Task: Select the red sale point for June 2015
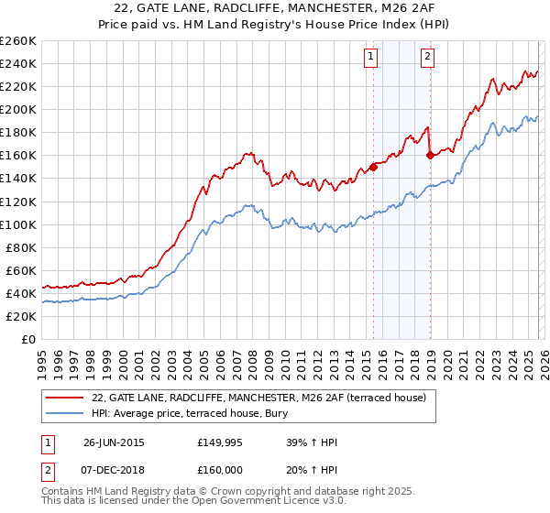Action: [x=373, y=167]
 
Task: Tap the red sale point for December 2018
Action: [x=430, y=155]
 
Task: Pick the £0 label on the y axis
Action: [x=27, y=339]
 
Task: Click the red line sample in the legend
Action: [x=65, y=398]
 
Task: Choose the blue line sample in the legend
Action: [x=65, y=413]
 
